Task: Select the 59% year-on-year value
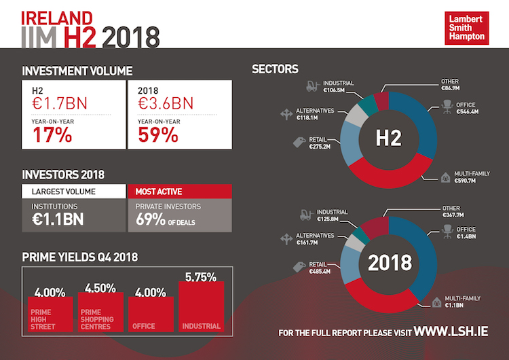(158, 134)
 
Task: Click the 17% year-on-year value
(52, 134)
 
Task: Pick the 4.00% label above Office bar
(151, 293)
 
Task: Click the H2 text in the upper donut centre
(390, 139)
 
